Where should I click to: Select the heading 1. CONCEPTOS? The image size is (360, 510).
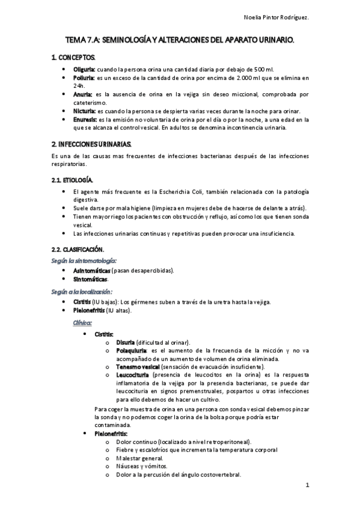pos(73,57)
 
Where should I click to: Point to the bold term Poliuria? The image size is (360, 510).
pos(84,78)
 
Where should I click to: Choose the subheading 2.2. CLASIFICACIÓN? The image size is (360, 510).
pos(78,249)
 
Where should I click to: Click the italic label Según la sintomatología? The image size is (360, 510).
pos(84,260)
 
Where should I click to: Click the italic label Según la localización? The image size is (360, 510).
pos(82,290)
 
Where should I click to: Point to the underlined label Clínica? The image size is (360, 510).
pos(82,322)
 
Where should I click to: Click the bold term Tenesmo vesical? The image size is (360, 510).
pos(139,366)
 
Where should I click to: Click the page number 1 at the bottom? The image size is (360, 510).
pos(307,485)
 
